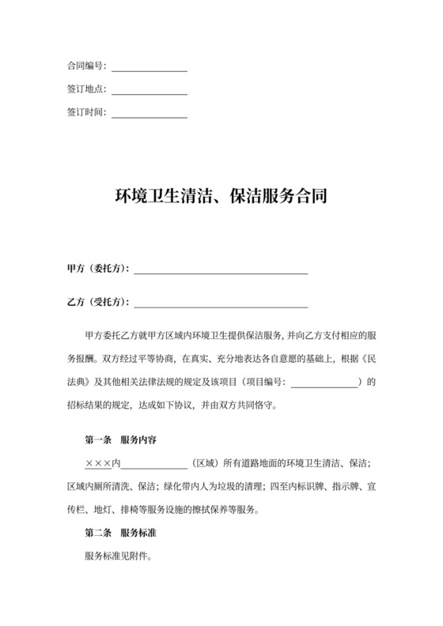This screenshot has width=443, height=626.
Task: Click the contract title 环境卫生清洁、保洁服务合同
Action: point(221,195)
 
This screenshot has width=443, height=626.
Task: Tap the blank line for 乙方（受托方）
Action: point(221,304)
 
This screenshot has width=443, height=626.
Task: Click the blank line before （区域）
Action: point(153,464)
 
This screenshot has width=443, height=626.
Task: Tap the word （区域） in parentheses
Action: point(205,462)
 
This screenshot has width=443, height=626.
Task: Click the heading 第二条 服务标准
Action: point(125,533)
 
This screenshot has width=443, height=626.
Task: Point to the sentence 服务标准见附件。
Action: point(118,556)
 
